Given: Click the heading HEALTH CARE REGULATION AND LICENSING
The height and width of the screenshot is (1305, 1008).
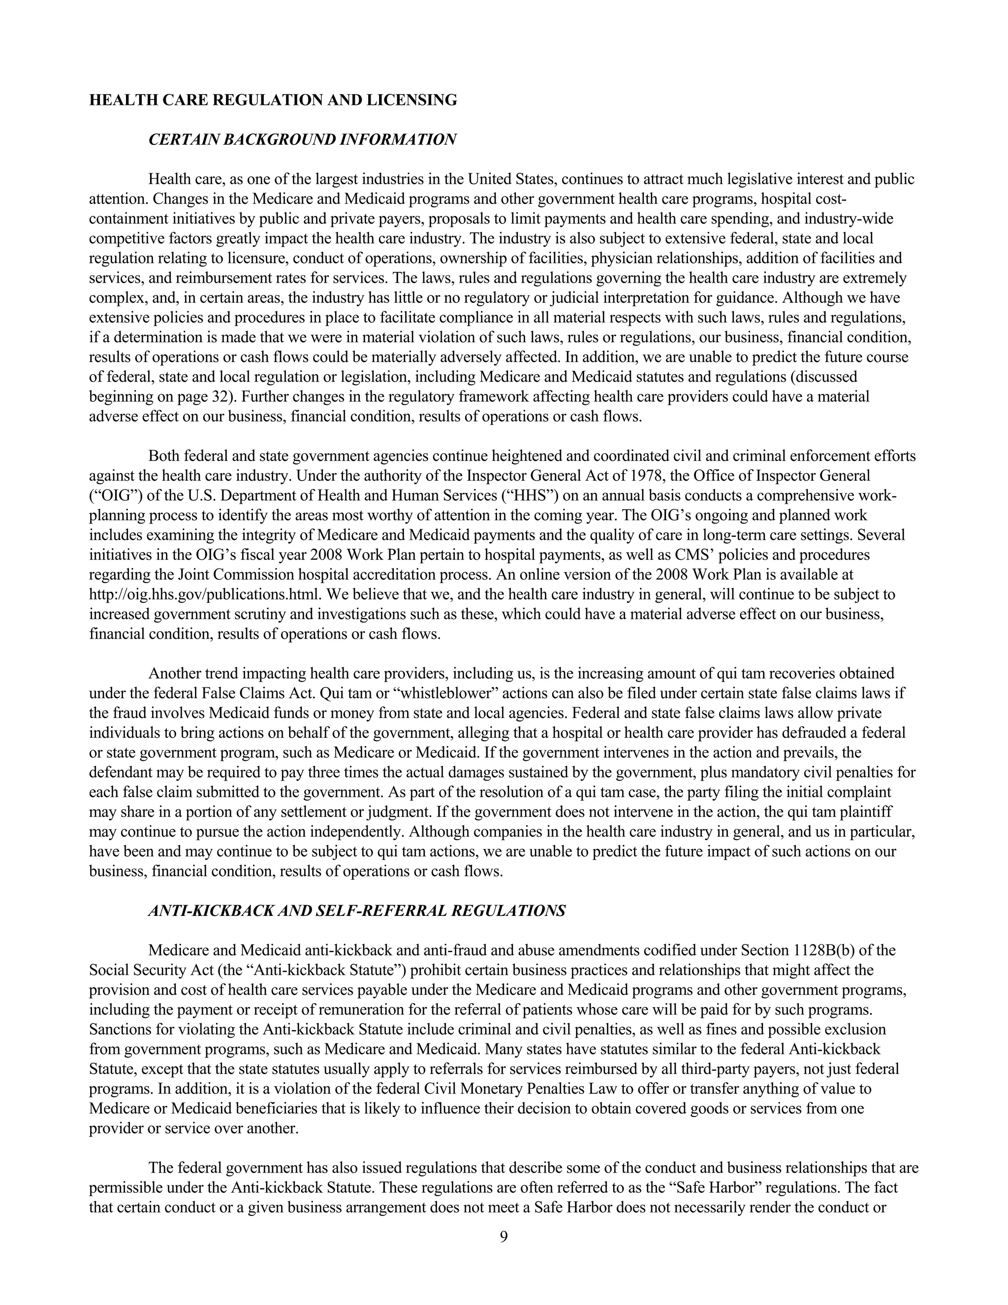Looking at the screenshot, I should tap(273, 100).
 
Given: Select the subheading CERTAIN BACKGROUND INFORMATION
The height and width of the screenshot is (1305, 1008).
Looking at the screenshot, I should tap(302, 140).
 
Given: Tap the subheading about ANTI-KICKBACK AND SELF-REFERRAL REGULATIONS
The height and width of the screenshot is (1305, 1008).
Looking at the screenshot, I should tap(356, 911).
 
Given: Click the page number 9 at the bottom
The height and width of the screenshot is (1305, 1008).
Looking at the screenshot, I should tap(504, 1236).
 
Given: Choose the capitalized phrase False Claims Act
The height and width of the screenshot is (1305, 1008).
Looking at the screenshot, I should tap(263, 693).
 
